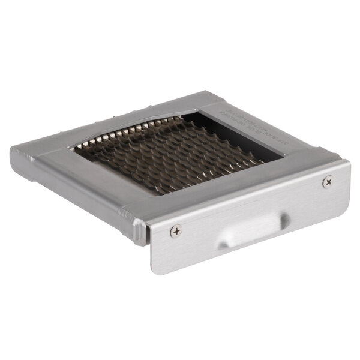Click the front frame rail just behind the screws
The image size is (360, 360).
pyautogui.click(x=240, y=186)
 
